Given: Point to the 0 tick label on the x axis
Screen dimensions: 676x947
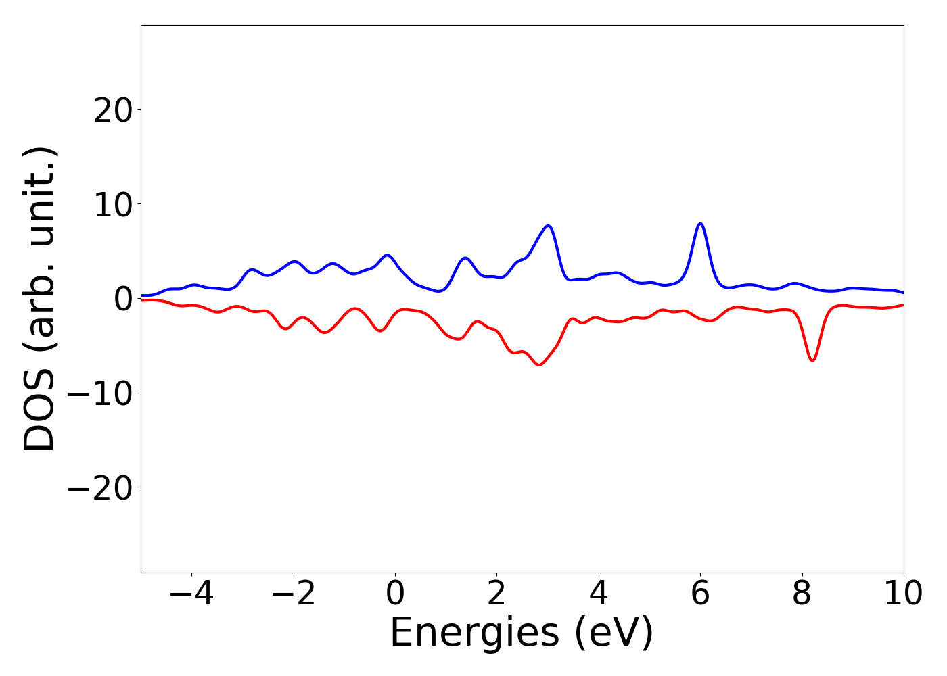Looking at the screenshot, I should [x=395, y=594].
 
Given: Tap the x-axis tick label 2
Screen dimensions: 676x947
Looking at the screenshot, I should [x=496, y=594].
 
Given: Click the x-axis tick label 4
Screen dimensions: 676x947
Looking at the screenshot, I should [x=599, y=594].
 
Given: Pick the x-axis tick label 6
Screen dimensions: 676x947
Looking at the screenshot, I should [x=700, y=594].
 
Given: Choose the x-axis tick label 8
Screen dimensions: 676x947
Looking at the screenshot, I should [x=802, y=594].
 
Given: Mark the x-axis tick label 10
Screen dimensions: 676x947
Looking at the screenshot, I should [x=902, y=594].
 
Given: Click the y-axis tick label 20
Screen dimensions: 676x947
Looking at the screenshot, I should [x=112, y=110].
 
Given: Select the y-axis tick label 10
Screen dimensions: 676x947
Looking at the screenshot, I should [x=112, y=205].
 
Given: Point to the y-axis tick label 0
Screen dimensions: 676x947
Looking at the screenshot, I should [x=122, y=299].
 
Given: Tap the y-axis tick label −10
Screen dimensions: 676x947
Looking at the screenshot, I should [x=100, y=393].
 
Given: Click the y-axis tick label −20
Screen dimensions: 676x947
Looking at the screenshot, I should [x=100, y=488].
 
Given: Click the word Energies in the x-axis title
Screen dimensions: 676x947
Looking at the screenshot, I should [x=474, y=633].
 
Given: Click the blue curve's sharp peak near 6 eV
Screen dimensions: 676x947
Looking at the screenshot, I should [x=700, y=224].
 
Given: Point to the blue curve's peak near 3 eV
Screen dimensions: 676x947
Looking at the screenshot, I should [x=548, y=226].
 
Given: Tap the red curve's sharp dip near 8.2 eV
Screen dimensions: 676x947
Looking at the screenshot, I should [x=812, y=360].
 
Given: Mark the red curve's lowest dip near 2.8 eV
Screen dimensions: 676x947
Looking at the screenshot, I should [x=538, y=365].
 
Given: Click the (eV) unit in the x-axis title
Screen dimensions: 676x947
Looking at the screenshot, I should [x=614, y=633].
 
